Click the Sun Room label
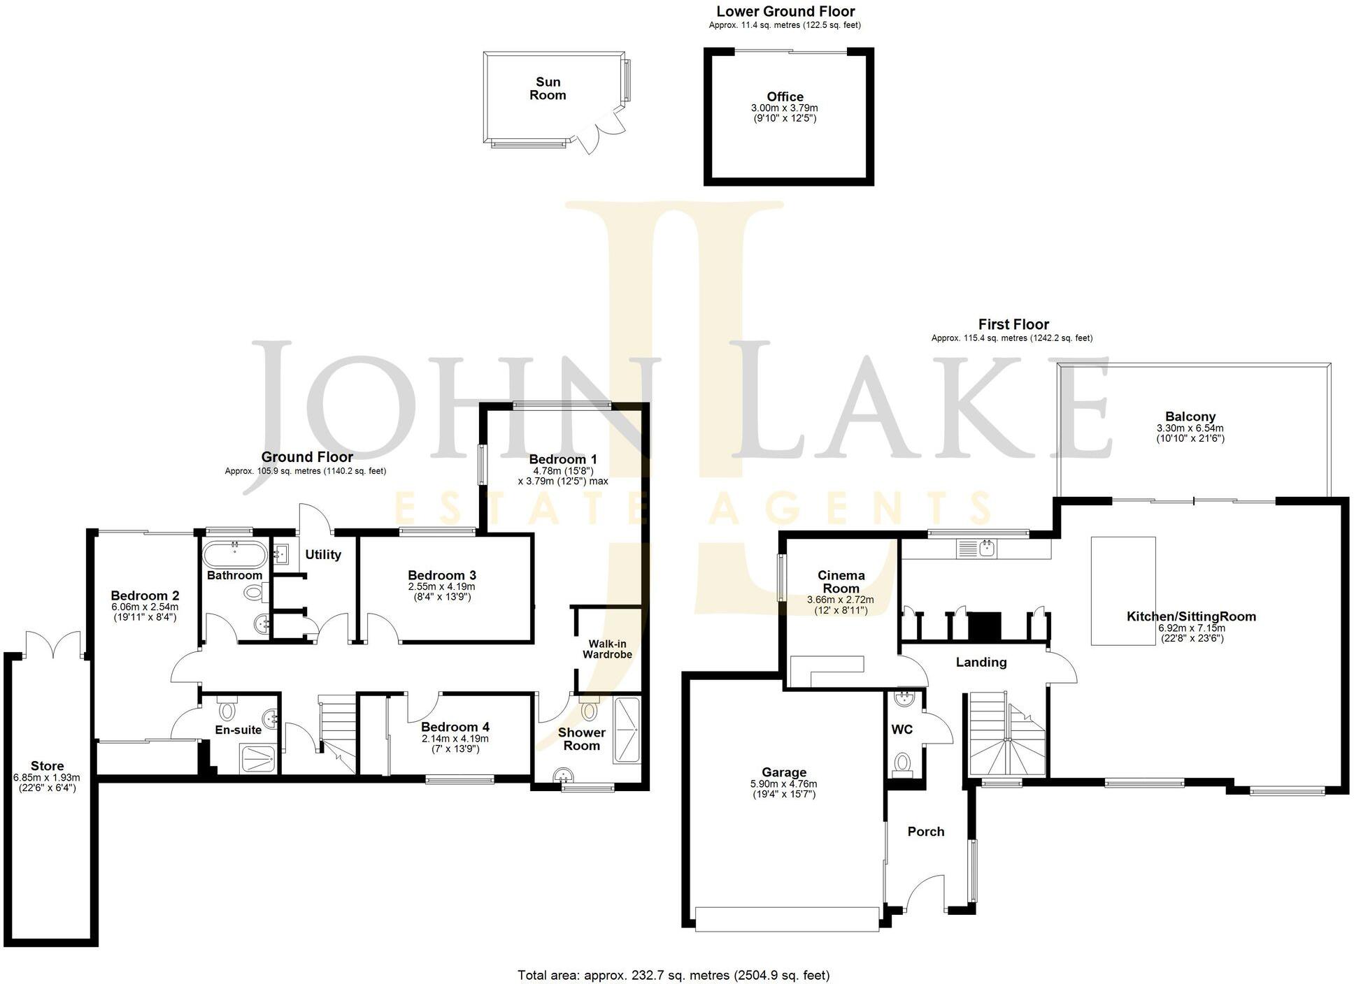point(548,89)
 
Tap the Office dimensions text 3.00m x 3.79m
point(784,108)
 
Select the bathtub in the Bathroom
point(234,556)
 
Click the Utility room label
point(323,555)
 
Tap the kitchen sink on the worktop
point(987,549)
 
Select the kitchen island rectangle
point(1123,591)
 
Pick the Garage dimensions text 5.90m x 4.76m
point(784,784)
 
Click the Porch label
point(925,832)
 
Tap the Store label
point(47,766)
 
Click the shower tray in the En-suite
point(259,758)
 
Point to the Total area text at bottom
point(673,975)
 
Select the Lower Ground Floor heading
point(785,11)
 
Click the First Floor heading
point(1013,324)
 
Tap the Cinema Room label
point(841,581)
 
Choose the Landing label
point(981,662)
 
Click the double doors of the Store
point(53,644)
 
